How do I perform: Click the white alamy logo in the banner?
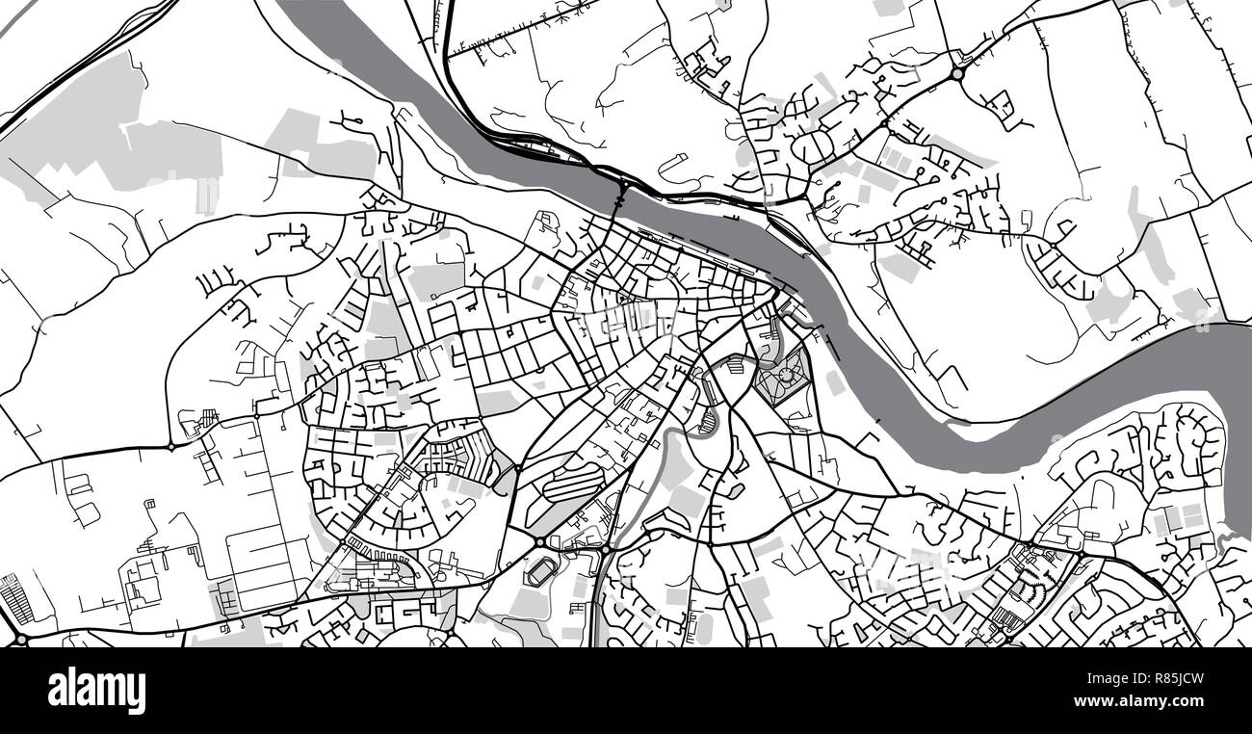click(96, 690)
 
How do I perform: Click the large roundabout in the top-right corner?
click(957, 73)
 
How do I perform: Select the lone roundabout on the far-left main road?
click(171, 446)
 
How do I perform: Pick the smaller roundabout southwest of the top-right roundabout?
click(883, 125)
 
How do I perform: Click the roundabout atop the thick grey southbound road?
click(606, 550)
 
